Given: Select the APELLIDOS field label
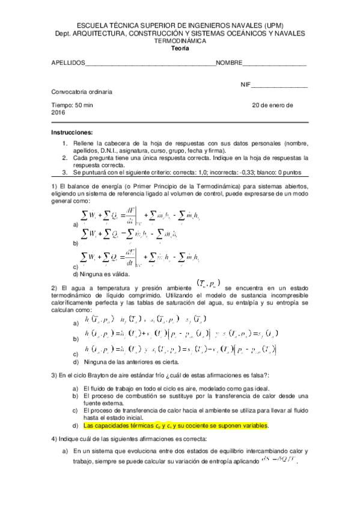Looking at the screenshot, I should (69, 63).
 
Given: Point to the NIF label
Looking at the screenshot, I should (245, 85).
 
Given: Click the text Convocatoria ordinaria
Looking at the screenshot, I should (82, 92).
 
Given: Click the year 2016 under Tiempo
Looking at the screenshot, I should (58, 112).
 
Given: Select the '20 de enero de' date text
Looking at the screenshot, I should (272, 105).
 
